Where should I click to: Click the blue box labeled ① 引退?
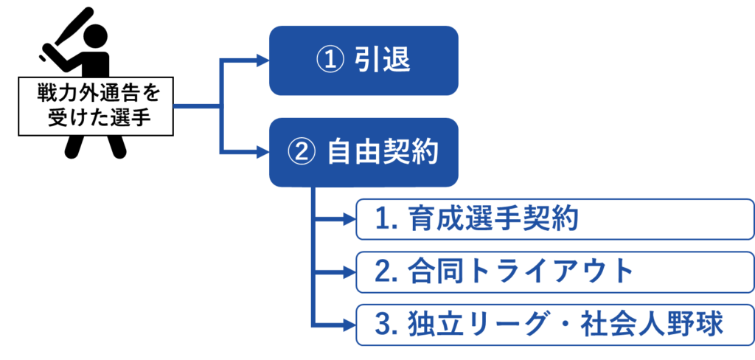[x=363, y=60]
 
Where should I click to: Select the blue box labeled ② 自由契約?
[x=363, y=152]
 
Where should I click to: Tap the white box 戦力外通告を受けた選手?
[x=96, y=106]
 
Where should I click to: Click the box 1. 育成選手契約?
[x=554, y=219]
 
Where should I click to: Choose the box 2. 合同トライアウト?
[x=554, y=271]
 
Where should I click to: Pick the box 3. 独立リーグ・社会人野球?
[x=554, y=325]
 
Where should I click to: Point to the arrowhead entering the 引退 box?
[x=261, y=60]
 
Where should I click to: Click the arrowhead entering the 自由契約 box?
[x=261, y=153]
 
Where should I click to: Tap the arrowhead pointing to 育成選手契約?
[x=349, y=219]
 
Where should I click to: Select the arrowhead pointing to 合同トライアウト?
[x=349, y=272]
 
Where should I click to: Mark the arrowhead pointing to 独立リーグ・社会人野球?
[x=349, y=325]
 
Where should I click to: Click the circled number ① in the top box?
[x=326, y=61]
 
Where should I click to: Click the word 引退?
[x=383, y=61]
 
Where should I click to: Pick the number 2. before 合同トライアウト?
[x=386, y=272]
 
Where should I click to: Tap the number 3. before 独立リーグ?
[x=386, y=325]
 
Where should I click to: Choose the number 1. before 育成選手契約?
[x=386, y=219]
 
